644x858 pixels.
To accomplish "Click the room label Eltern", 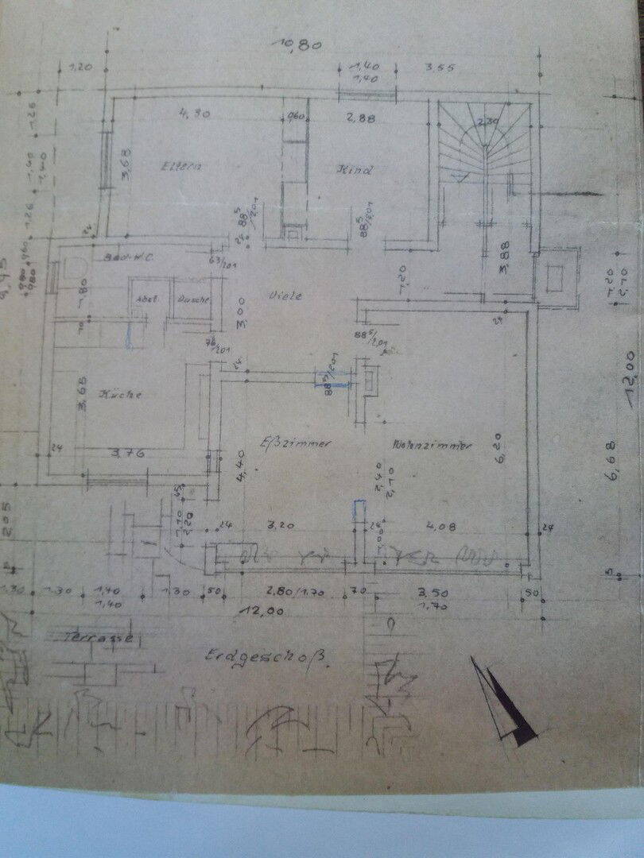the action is pos(181,167).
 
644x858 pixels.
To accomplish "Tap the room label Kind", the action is pos(355,170).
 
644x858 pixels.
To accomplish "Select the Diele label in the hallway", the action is pos(287,296).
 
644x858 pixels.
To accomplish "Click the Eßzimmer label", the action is pos(296,443).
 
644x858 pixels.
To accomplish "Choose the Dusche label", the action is pos(193,300).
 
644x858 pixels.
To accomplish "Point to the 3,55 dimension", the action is pos(439,68).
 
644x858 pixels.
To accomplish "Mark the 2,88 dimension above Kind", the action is pos(359,118).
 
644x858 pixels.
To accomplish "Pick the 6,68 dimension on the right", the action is pos(611,476).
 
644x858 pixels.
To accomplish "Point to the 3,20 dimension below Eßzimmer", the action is pos(283,525).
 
